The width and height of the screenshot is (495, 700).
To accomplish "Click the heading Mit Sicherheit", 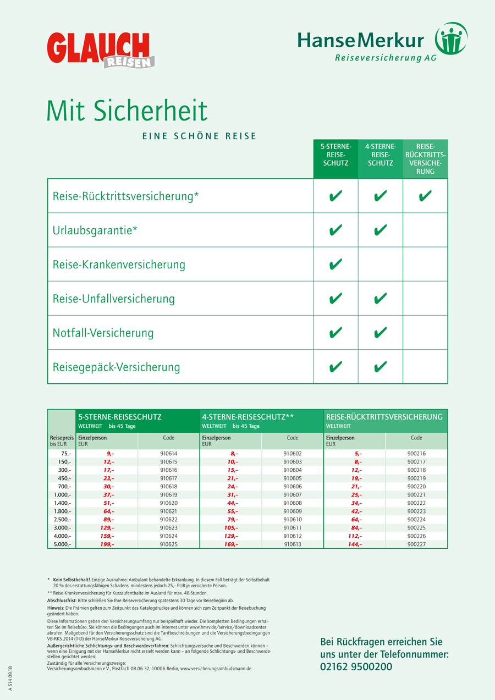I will [127, 111].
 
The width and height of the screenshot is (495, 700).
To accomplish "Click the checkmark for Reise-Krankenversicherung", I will [335, 264].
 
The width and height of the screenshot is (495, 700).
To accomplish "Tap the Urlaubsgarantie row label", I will [95, 230].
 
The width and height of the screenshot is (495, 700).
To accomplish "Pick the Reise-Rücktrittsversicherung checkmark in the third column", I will [425, 196].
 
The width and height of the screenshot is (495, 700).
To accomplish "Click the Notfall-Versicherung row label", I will [103, 333].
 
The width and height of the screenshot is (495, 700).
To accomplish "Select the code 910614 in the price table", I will [169, 454].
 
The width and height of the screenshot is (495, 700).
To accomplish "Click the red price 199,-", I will [107, 544].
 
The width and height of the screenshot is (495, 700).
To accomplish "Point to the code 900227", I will [416, 544].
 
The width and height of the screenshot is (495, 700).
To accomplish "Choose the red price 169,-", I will [230, 544].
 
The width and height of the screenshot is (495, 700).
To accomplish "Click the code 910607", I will [293, 495].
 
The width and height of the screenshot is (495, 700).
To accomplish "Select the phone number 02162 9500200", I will [356, 666].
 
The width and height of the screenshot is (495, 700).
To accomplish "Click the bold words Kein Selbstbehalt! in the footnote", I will [71, 580].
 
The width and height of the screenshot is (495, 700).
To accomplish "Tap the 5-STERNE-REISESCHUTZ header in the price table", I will [120, 417].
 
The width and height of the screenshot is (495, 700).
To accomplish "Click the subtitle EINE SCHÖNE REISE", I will [200, 136].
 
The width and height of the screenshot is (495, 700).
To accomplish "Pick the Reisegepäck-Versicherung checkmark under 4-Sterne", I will [380, 367].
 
